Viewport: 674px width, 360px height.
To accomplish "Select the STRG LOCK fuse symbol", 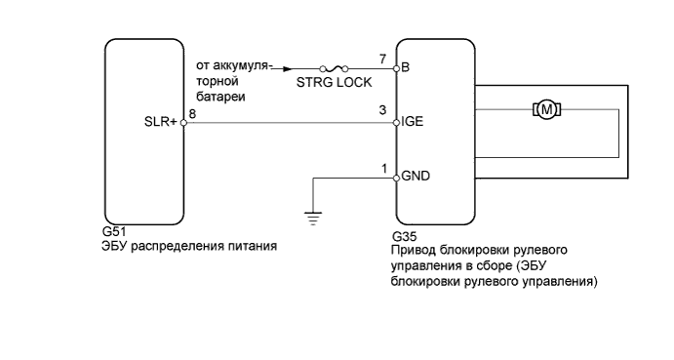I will click(x=335, y=68).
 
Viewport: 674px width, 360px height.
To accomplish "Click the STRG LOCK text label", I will click(x=334, y=84).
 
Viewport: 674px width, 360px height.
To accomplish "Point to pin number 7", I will click(x=384, y=60).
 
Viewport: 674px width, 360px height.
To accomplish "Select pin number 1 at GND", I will click(x=384, y=169).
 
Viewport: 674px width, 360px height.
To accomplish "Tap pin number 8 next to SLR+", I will click(x=192, y=114).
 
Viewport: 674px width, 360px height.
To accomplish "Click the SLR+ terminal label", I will click(x=162, y=124).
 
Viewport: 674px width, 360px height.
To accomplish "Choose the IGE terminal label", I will click(x=412, y=124).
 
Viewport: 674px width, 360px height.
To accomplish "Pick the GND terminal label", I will click(x=415, y=178).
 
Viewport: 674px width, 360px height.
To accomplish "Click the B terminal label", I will click(x=405, y=69).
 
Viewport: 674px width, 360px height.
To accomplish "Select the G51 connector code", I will click(x=113, y=234).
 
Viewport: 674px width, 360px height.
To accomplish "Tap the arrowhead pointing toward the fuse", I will click(x=285, y=68).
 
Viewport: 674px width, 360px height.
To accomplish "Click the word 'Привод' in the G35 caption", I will click(x=414, y=252).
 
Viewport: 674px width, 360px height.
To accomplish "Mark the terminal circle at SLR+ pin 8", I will click(x=184, y=124).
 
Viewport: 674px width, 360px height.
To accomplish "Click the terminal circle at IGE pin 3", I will click(x=396, y=124).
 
